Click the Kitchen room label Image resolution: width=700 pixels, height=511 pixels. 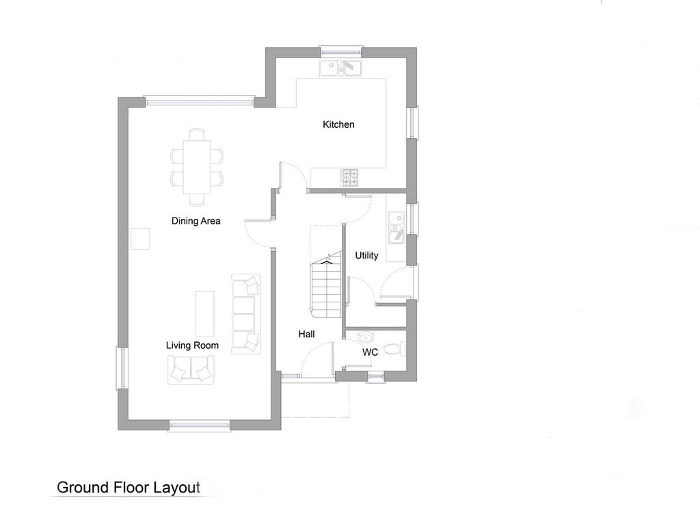(338, 125)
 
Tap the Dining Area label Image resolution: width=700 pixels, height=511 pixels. (196, 221)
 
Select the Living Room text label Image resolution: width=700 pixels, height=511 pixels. (192, 345)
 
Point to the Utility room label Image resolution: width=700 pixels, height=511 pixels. (366, 255)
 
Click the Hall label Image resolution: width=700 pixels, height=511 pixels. (306, 335)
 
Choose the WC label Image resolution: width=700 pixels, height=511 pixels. (370, 352)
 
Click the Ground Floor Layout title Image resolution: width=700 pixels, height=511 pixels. (128, 487)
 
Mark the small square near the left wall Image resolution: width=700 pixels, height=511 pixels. (141, 239)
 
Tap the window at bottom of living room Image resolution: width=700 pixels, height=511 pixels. (200, 425)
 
